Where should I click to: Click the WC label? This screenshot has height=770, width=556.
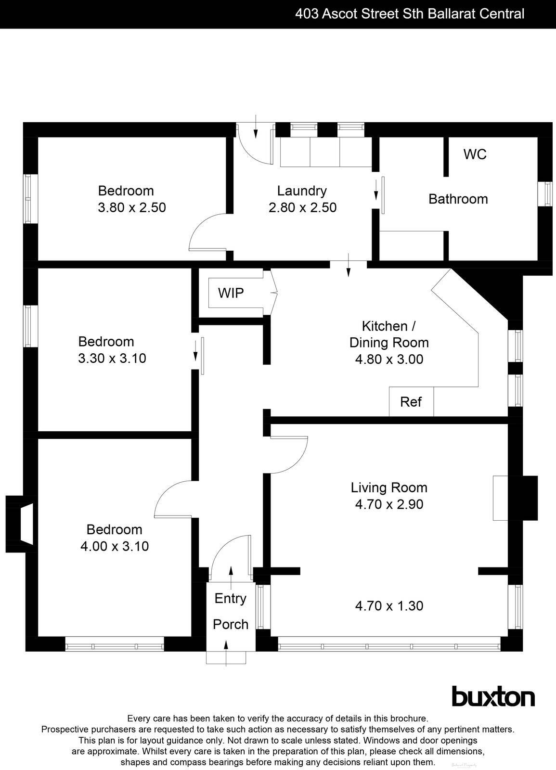pos(475,154)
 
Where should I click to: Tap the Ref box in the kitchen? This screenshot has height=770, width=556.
pos(411,402)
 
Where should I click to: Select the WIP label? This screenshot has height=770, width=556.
pos(231,293)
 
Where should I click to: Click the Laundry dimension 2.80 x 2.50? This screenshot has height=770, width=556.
pos(302,207)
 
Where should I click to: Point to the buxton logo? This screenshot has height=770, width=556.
pos(493,696)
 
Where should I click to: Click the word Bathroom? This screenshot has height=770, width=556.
pos(458,199)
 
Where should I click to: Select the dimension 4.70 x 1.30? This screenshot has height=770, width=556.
pos(389,606)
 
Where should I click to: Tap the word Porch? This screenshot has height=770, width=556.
pos(231,624)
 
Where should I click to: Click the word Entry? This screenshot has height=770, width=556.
pos(230,598)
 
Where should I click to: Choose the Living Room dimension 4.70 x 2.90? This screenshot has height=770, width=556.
pos(389,504)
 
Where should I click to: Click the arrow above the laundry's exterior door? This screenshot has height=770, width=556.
pos(256,126)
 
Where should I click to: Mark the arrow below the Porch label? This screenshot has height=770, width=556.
pos(227,653)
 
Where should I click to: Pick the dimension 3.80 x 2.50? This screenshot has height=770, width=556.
pos(131,207)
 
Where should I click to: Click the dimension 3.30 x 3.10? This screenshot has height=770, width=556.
pos(112,359)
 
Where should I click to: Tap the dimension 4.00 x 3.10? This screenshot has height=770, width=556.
pos(115,546)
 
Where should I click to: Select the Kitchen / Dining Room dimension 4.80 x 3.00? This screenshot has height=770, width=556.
pos(389,359)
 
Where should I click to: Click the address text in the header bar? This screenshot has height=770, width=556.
pos(410,13)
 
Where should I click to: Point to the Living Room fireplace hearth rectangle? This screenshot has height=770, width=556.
pos(500,498)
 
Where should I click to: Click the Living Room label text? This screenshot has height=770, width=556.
pos(389,488)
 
